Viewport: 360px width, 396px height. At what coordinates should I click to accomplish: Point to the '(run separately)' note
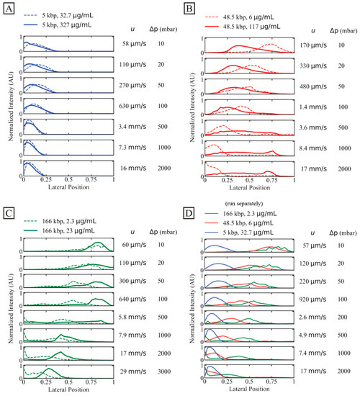pos(256,203)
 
